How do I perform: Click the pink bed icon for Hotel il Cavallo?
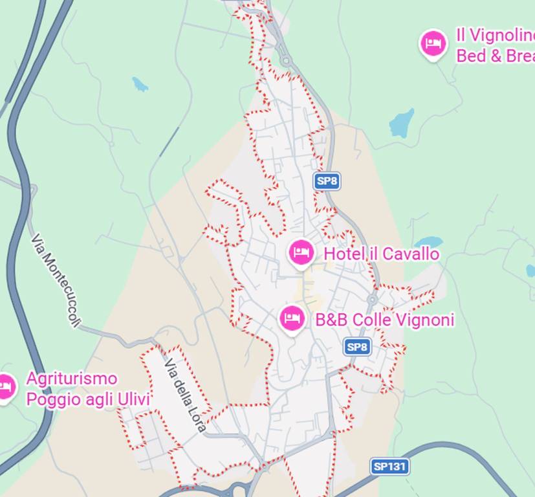301,252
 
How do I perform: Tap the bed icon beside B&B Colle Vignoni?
292,318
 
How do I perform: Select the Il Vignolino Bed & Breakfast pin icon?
433,45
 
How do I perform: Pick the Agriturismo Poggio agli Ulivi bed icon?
6,388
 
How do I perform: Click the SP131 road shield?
391,466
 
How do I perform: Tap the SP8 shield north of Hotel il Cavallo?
327,181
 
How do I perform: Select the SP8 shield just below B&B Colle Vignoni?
356,347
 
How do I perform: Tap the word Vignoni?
424,320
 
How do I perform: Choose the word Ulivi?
133,399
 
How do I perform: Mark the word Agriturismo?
71,379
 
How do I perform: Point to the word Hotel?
344,254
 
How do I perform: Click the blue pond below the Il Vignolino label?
402,122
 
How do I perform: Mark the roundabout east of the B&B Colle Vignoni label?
373,299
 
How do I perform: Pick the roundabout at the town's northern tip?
286,61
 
